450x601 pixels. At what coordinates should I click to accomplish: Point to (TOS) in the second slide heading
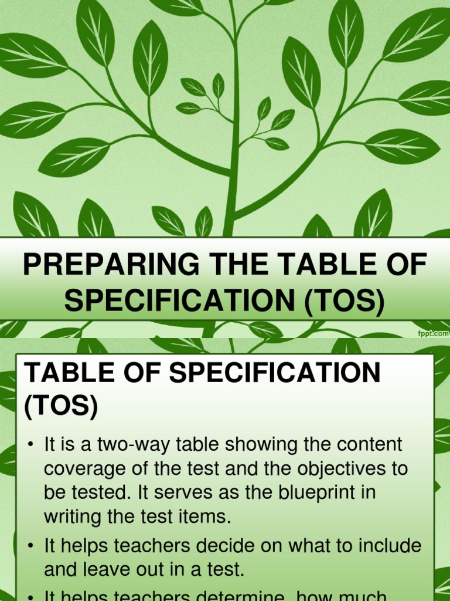click(x=60, y=406)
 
